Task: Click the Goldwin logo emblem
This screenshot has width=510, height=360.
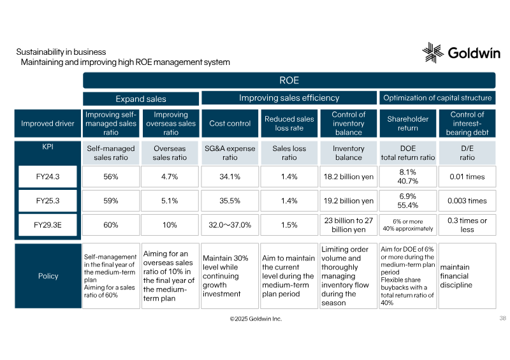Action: click(x=433, y=52)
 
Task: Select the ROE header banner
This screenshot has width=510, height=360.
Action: click(x=289, y=80)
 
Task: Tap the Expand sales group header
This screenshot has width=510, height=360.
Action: click(x=141, y=99)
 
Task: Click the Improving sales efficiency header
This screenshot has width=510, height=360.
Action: click(x=289, y=98)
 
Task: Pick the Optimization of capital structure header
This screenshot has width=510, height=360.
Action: click(x=437, y=98)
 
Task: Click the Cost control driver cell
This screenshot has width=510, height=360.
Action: click(x=230, y=123)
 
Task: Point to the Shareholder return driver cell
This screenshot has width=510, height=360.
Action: click(x=408, y=123)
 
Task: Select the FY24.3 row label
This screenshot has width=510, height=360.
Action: click(x=48, y=176)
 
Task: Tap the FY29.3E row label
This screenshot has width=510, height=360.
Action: click(x=48, y=225)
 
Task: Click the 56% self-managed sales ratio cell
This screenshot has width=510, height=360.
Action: click(x=111, y=176)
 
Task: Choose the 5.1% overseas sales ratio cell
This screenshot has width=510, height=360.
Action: click(x=170, y=201)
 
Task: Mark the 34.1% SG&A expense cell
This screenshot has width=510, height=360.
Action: click(x=230, y=176)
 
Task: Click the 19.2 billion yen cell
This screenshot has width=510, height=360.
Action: click(x=348, y=201)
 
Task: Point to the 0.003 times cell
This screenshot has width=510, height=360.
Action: click(x=467, y=201)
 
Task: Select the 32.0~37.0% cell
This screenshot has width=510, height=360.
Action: click(x=230, y=225)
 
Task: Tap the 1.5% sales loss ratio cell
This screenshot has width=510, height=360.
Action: click(x=289, y=225)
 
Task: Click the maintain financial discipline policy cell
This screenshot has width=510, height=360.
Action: click(x=467, y=276)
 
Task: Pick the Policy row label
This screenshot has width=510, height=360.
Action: click(x=48, y=276)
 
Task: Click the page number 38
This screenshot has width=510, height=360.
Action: click(x=503, y=318)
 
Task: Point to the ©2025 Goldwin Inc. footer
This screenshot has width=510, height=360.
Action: click(x=256, y=319)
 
